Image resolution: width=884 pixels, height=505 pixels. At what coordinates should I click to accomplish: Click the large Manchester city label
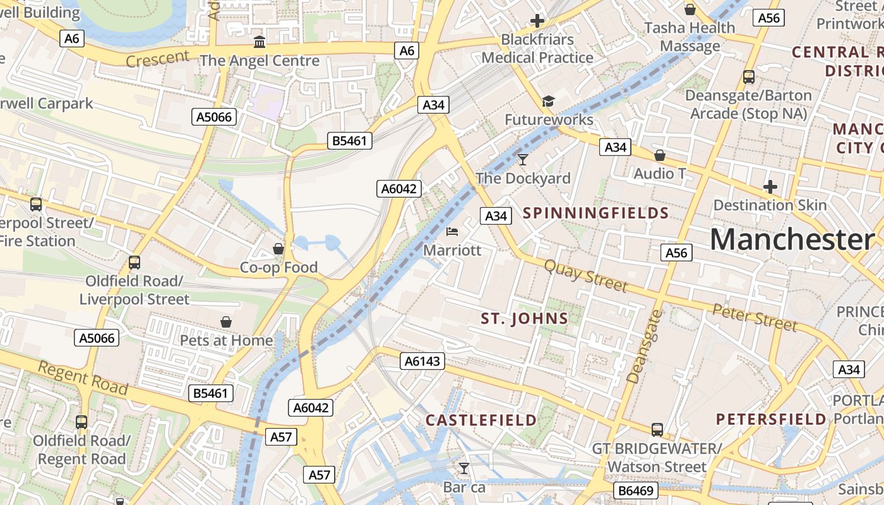coord(792,240)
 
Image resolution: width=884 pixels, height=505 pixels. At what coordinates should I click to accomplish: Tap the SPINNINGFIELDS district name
coord(595,213)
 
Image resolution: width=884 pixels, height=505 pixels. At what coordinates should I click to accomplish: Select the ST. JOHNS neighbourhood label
coord(524,319)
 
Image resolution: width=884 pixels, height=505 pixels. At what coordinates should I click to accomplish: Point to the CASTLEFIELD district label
coord(481,420)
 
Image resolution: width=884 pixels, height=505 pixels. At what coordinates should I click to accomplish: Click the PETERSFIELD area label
coord(771,419)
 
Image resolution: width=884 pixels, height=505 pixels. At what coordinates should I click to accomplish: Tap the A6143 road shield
coord(422,361)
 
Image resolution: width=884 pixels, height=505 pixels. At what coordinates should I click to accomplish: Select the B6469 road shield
coord(636,490)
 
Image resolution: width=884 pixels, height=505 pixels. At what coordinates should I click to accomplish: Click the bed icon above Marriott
coord(452,232)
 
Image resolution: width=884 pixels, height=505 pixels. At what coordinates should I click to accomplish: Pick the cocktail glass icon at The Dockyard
coord(523,159)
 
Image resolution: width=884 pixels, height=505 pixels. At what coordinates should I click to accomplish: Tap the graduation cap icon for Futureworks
coord(548,102)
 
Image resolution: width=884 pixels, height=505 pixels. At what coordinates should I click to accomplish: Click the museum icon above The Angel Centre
coord(259,42)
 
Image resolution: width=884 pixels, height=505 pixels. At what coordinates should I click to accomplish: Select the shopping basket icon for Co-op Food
coord(278,249)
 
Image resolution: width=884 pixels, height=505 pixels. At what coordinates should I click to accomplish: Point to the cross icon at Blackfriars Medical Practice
coord(537,21)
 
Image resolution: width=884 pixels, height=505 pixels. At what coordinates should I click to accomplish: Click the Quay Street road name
coord(586,276)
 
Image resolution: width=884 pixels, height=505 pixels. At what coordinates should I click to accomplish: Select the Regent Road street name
coord(83,377)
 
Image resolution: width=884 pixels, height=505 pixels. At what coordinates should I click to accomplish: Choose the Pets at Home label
coord(226,341)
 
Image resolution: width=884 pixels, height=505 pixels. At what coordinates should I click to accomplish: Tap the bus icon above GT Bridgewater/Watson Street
coord(657,430)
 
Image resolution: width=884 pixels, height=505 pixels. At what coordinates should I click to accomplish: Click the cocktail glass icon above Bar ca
coord(464,468)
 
